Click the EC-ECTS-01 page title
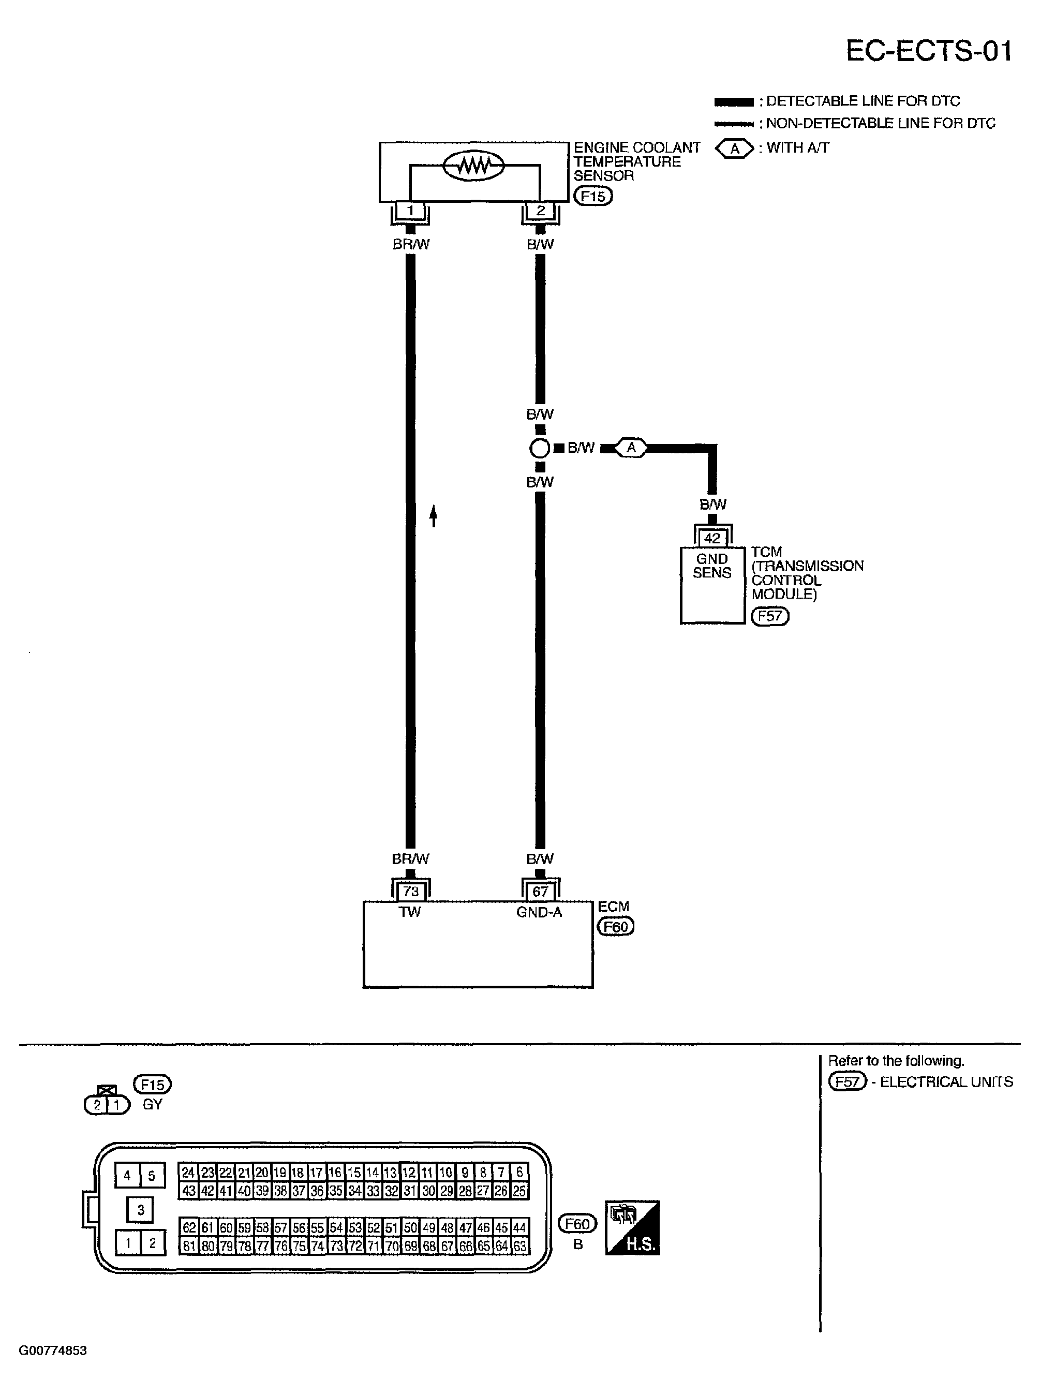pos(929,51)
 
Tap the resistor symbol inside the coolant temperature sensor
pos(473,166)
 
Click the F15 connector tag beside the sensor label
pos(592,197)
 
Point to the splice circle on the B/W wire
pos(540,448)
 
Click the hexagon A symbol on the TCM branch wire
pos(631,448)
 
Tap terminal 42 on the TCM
pos(712,538)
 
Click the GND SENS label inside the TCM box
pos(712,566)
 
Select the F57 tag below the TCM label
pos(770,616)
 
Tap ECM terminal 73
pos(410,892)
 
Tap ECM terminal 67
pos(540,892)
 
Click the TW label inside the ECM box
pos(410,912)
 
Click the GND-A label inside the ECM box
pos(539,912)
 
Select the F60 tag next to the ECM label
pos(615,927)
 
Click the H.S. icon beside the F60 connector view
pos(632,1228)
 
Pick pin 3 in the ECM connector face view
pos(140,1209)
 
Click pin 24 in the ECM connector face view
pos(188,1173)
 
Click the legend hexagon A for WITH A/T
pos(735,149)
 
